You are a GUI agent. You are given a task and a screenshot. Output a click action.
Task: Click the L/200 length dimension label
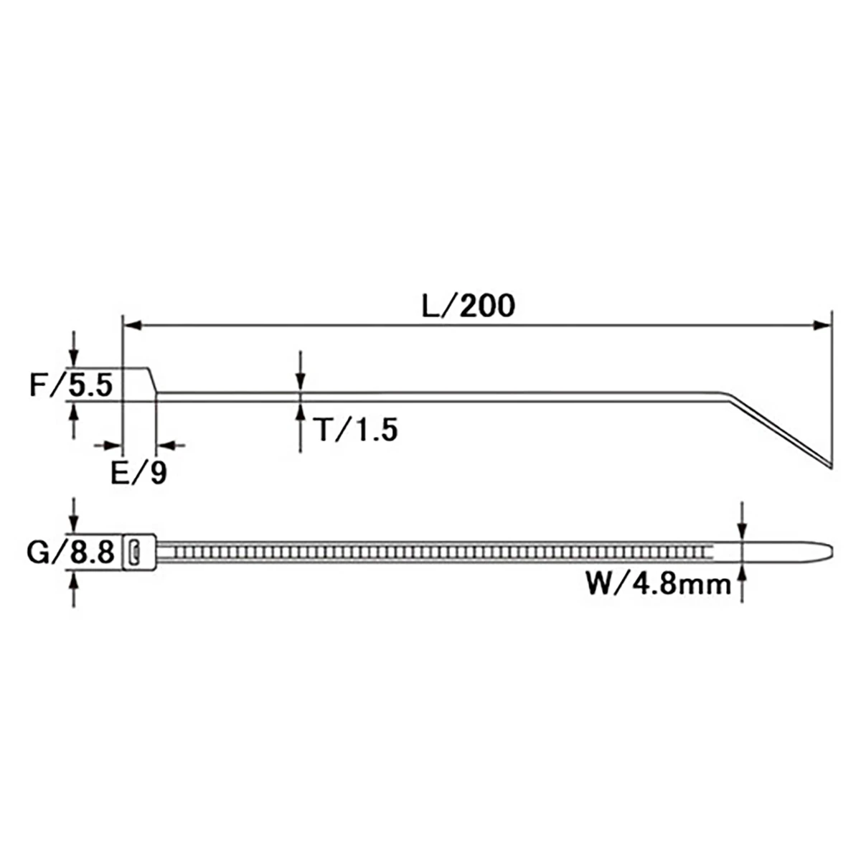pyautogui.click(x=469, y=306)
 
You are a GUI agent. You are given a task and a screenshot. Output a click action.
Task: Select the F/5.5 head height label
pyautogui.click(x=70, y=385)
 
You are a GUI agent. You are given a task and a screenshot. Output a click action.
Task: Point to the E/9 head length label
pyautogui.click(x=138, y=473)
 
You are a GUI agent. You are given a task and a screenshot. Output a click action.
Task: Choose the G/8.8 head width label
pyautogui.click(x=70, y=552)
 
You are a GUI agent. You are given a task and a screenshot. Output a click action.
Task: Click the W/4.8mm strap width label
pyautogui.click(x=659, y=585)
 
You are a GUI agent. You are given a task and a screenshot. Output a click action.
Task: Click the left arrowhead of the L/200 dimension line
pyautogui.click(x=132, y=325)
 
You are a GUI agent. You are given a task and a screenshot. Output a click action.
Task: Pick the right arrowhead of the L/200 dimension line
pyautogui.click(x=822, y=325)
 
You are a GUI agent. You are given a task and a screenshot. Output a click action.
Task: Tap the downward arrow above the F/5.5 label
pyautogui.click(x=74, y=349)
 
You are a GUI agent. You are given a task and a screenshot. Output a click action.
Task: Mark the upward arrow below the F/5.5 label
pyautogui.click(x=74, y=420)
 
